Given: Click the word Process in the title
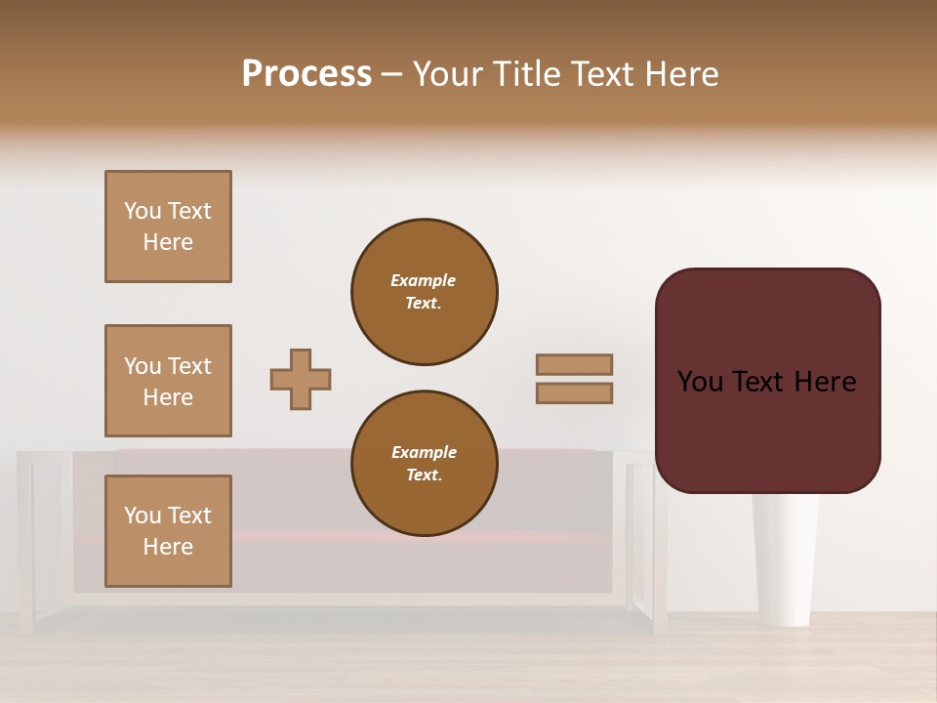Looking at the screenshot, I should (306, 74).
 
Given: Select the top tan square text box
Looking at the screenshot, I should (168, 227).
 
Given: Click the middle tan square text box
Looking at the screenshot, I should (168, 381).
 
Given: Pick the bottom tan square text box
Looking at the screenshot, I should (168, 531).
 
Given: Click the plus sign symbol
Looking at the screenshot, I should (301, 379).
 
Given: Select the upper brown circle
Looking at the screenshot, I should (425, 292).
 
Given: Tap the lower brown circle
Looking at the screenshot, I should (425, 464).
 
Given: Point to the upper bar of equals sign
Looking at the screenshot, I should (575, 365).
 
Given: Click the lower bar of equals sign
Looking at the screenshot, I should (575, 393).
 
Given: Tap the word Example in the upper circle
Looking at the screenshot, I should (423, 280).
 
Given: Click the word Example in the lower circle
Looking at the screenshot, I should (424, 452).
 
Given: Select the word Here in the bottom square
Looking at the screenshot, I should (168, 547).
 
